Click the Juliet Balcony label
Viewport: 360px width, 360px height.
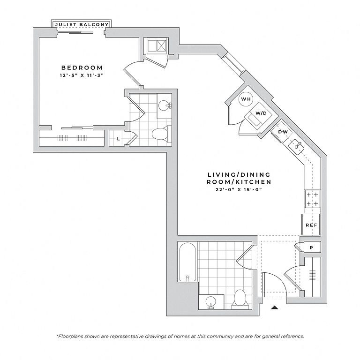tap(82, 24)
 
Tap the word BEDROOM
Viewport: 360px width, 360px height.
tap(82, 67)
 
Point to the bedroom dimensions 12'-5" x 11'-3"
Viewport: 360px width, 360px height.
tap(82, 75)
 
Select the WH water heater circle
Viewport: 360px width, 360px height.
tap(246, 99)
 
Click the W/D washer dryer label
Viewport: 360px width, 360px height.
tap(261, 113)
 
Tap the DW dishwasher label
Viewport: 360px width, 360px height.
tap(283, 132)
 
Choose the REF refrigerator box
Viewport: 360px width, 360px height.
tap(311, 225)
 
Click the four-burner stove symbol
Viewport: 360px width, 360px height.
tap(313, 199)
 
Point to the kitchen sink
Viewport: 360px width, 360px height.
tap(296, 146)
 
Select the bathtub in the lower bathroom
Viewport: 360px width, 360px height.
tap(187, 262)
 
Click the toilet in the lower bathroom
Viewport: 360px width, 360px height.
tap(240, 299)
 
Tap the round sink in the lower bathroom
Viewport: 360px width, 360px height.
tap(210, 302)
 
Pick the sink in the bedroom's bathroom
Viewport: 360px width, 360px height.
tap(165, 105)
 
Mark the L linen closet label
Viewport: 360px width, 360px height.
tap(118, 139)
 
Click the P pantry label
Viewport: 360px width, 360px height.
tap(311, 247)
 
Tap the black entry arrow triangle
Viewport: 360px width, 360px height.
tap(275, 307)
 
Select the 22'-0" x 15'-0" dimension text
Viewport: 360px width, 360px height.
tap(239, 190)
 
